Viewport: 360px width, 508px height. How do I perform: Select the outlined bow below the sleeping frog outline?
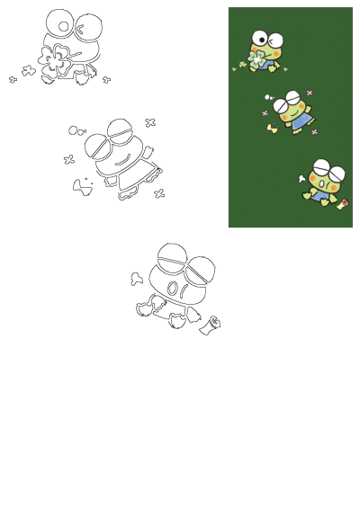[x=82, y=185]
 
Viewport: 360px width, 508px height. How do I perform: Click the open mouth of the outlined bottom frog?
[x=173, y=290]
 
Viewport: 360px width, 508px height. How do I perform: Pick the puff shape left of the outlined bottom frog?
[x=137, y=279]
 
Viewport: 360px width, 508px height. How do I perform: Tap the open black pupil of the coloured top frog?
[x=261, y=39]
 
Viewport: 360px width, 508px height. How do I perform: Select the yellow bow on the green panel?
[x=273, y=129]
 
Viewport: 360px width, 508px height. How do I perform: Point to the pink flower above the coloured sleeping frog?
[x=310, y=93]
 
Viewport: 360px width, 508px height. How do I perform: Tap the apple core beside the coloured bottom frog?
[x=343, y=203]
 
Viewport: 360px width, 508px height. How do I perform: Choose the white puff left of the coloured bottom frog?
[x=302, y=179]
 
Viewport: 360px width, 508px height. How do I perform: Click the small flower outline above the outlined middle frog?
[x=150, y=122]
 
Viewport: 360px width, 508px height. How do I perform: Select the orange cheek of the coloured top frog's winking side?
[x=274, y=54]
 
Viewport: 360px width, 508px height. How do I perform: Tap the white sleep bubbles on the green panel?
[x=269, y=97]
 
